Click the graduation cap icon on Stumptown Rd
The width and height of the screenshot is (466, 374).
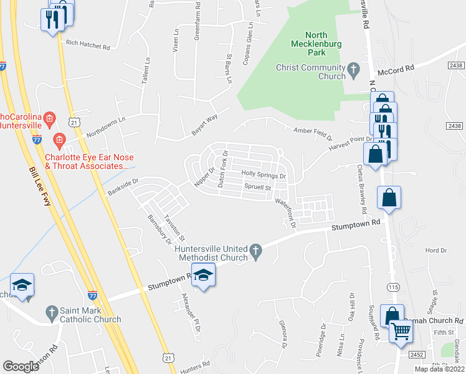click(203, 275)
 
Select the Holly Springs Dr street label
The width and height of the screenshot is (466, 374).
click(263, 176)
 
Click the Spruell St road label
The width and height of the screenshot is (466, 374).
click(258, 187)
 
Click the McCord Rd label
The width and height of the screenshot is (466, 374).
click(399, 70)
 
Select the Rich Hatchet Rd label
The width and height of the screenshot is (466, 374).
click(87, 46)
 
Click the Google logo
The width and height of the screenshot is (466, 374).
click(21, 366)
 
